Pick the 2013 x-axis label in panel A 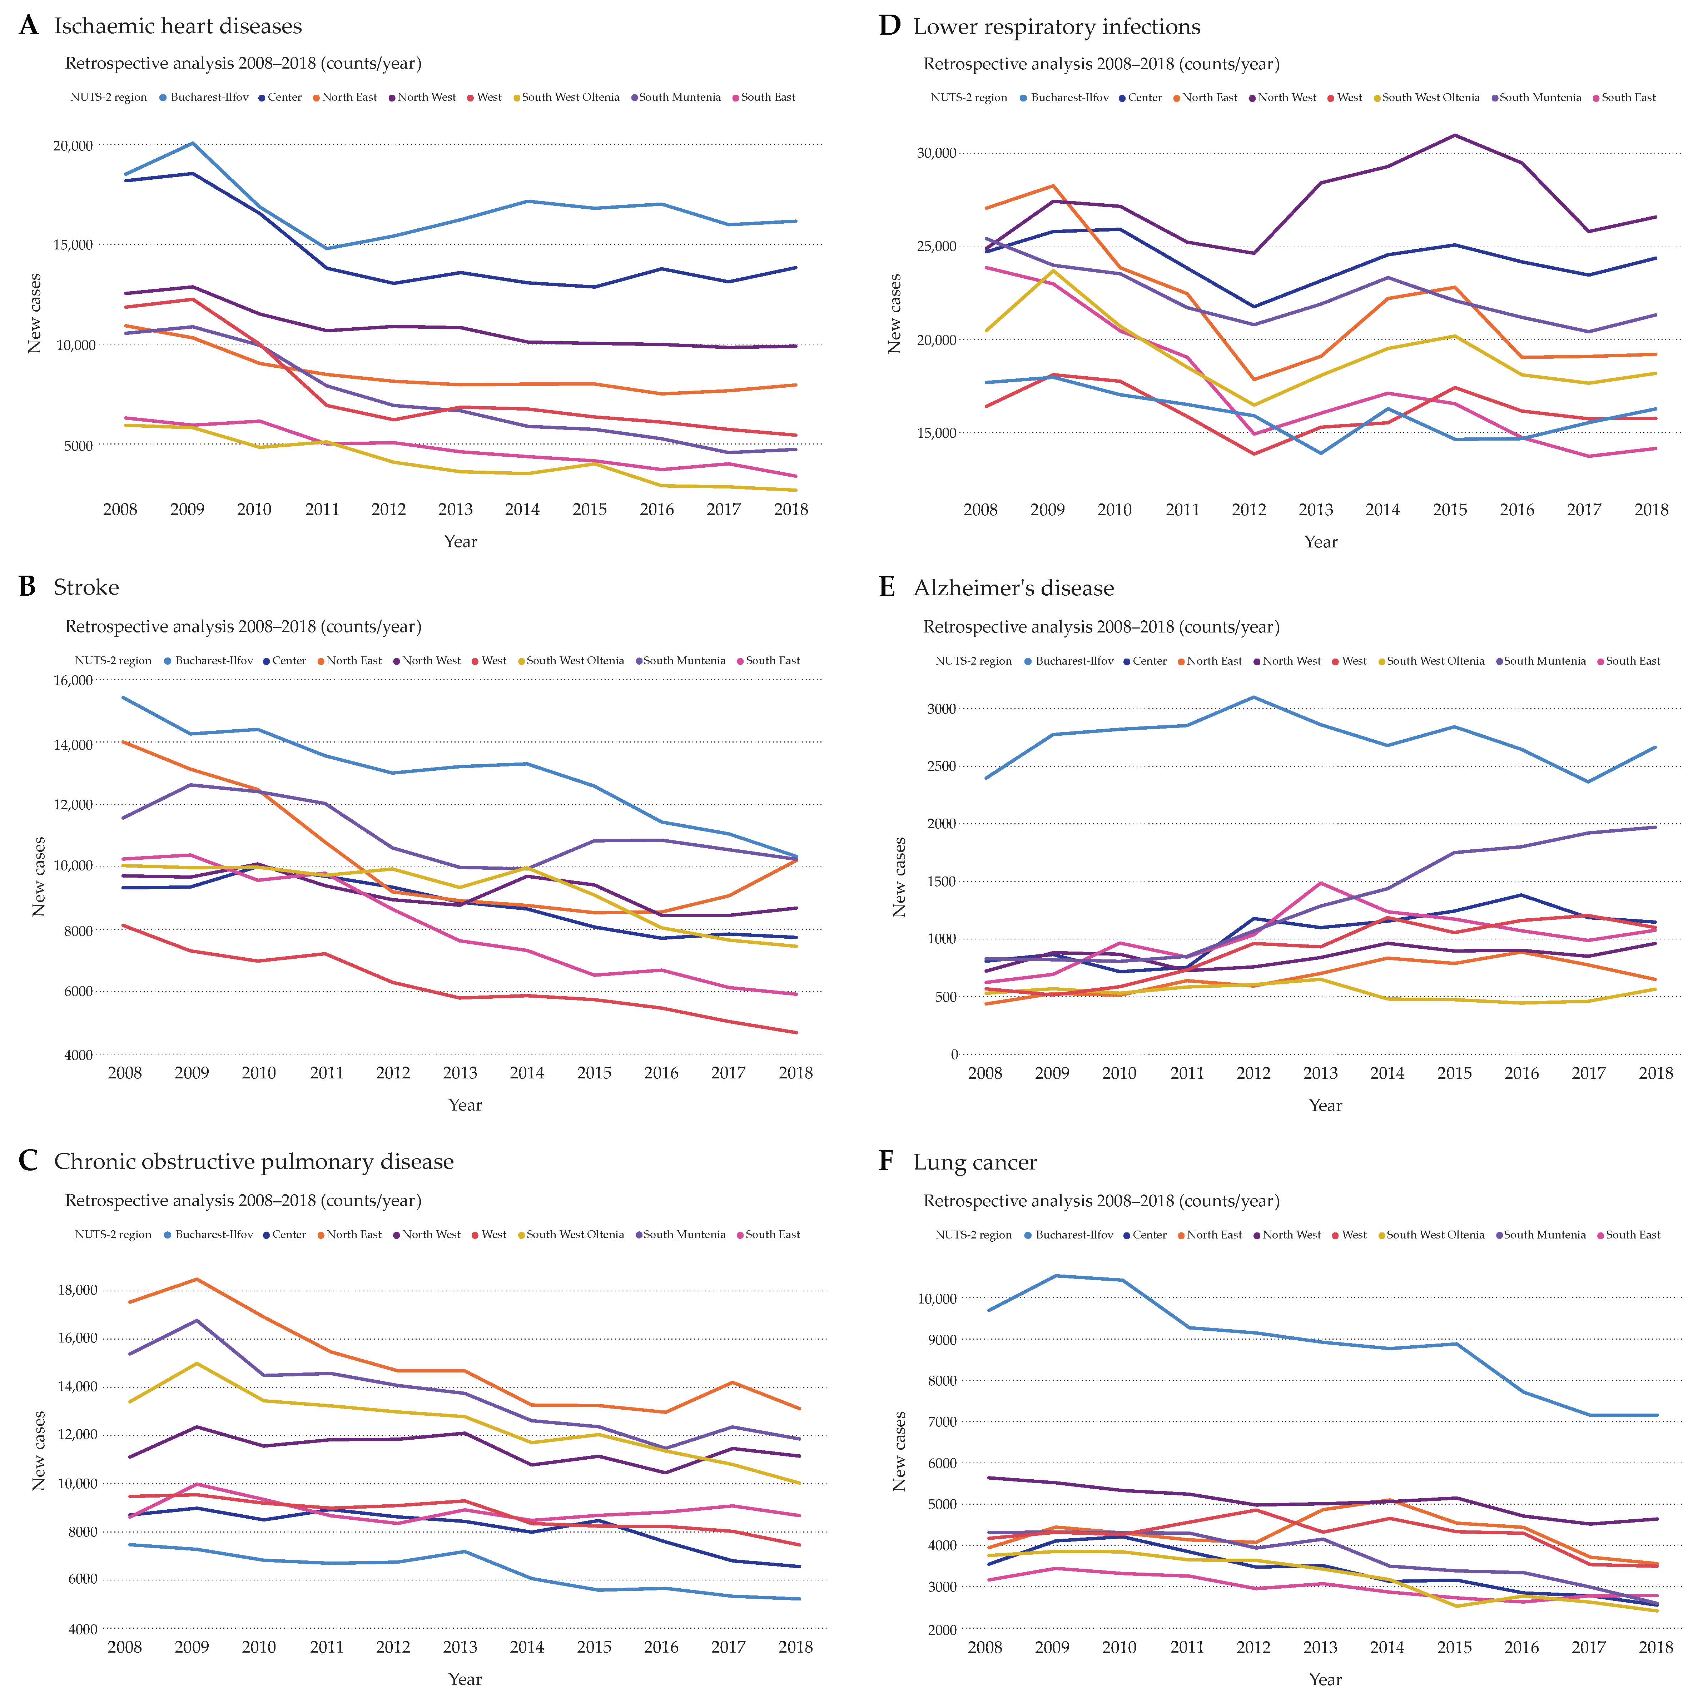tap(456, 510)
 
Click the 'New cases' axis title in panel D tap(895, 314)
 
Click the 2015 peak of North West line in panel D tap(1454, 135)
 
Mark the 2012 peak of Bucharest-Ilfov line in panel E tap(1253, 697)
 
